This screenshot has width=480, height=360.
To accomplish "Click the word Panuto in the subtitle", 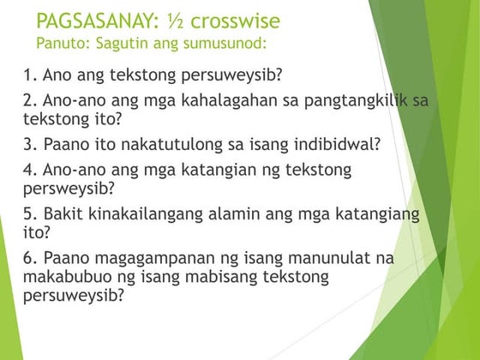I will (x=59, y=42).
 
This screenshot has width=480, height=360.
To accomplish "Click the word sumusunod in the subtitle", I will (x=225, y=42).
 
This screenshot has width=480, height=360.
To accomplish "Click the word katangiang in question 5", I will (x=376, y=213).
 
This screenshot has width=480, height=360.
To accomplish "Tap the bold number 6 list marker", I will (x=27, y=257).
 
